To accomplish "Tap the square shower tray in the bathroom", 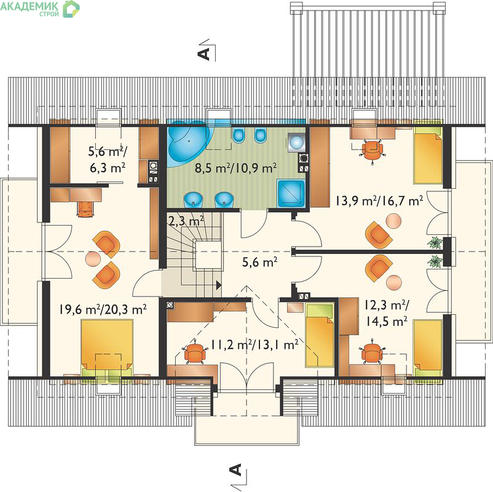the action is (x=291, y=194).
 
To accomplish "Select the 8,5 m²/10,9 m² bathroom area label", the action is (x=235, y=168).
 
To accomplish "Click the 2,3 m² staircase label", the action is (x=186, y=221).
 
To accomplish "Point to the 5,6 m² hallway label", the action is (x=259, y=262).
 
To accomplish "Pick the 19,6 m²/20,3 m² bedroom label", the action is (x=103, y=309).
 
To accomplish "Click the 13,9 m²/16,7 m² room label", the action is (x=379, y=200).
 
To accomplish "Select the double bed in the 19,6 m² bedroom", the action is (x=107, y=348).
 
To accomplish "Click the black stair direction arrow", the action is (x=218, y=285).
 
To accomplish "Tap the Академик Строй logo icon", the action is (x=71, y=9).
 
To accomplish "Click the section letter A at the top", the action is (x=204, y=54).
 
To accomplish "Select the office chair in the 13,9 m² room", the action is (x=373, y=150).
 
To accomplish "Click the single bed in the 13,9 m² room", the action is (x=428, y=152).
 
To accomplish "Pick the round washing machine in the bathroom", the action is (x=296, y=142).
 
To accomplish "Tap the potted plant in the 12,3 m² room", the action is (x=435, y=262).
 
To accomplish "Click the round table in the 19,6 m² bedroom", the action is (x=93, y=259).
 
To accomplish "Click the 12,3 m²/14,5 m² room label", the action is (x=387, y=313).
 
